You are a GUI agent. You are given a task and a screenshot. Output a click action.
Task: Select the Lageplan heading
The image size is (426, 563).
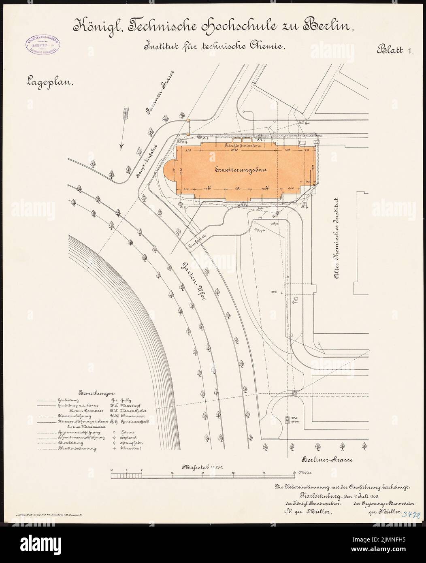click(48, 82)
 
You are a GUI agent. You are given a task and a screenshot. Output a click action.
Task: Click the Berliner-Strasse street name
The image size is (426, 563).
click(328, 460)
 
